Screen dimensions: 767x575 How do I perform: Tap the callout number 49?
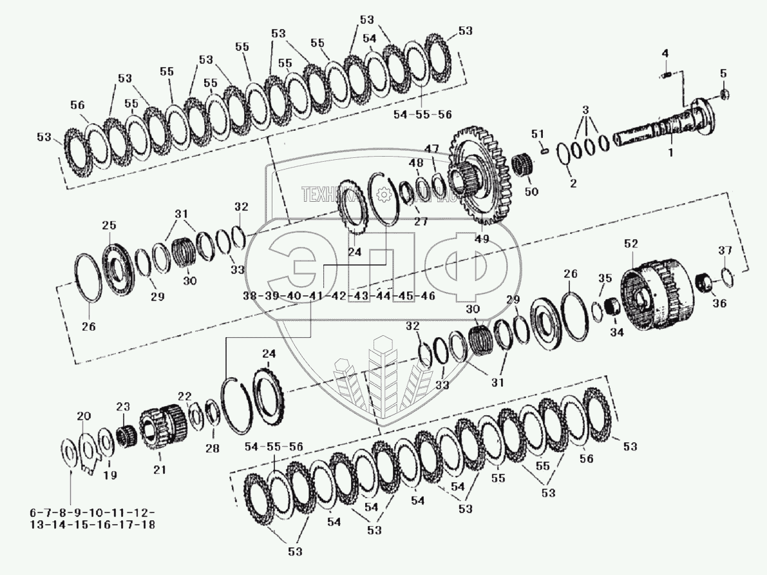point(481,239)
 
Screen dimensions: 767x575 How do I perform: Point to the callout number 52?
point(631,244)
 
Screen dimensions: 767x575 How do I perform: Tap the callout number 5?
point(723,74)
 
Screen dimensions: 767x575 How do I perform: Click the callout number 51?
point(538,134)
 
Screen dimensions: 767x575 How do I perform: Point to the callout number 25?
point(109,226)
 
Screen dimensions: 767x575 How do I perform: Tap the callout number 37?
point(725,250)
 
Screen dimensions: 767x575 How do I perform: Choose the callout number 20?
point(84,416)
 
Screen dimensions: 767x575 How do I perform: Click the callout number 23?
point(122,407)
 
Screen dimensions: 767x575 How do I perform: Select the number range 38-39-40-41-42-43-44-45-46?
point(339,296)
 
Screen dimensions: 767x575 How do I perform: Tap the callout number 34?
point(616,333)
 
